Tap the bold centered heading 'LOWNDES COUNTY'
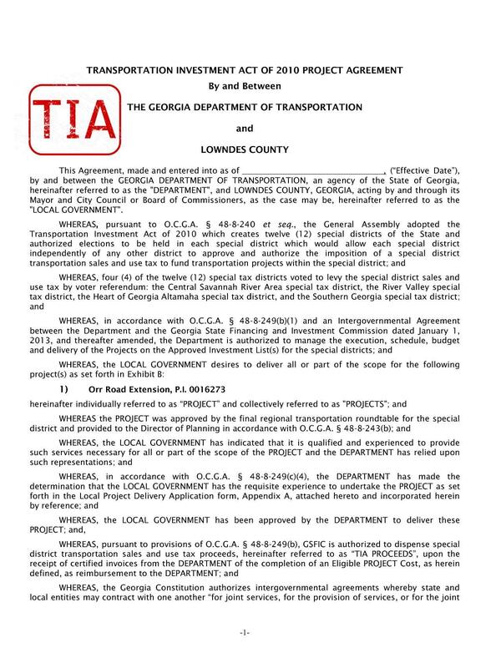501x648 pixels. (x=245, y=150)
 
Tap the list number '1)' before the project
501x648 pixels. (x=67, y=390)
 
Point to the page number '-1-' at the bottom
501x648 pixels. (x=245, y=633)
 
